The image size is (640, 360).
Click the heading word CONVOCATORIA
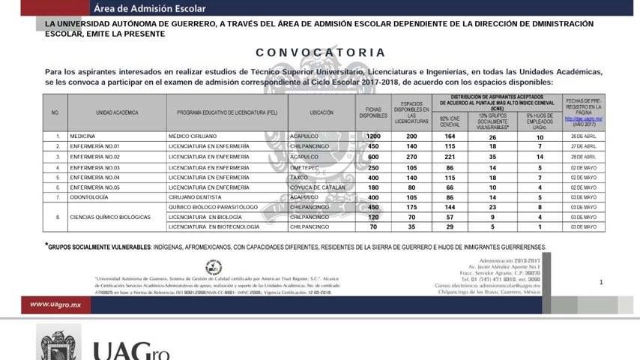coord(320,52)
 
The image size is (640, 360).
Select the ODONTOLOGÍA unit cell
coord(88,196)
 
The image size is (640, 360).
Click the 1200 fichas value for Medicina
coord(373,136)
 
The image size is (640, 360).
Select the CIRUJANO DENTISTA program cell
coord(198,196)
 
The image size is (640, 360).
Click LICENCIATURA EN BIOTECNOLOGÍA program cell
coord(214,226)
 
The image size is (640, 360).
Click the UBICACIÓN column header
coord(321,112)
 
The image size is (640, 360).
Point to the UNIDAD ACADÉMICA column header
coord(117,112)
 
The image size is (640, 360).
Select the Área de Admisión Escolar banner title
coord(150,9)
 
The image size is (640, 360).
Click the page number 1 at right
coord(600,282)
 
